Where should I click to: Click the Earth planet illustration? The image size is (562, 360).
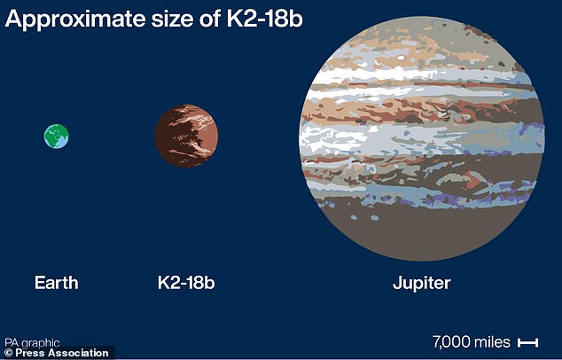pyautogui.click(x=57, y=136)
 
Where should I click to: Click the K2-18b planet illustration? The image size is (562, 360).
pyautogui.click(x=186, y=136)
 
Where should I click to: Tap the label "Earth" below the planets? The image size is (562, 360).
pyautogui.click(x=57, y=284)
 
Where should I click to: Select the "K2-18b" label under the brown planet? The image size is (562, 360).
pyautogui.click(x=186, y=284)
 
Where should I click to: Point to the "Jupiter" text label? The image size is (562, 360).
pyautogui.click(x=421, y=284)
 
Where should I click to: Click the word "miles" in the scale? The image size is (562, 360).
pyautogui.click(x=494, y=341)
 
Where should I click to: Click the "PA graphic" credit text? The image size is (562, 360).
pyautogui.click(x=32, y=340)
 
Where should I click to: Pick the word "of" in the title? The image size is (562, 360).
pyautogui.click(x=207, y=20)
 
